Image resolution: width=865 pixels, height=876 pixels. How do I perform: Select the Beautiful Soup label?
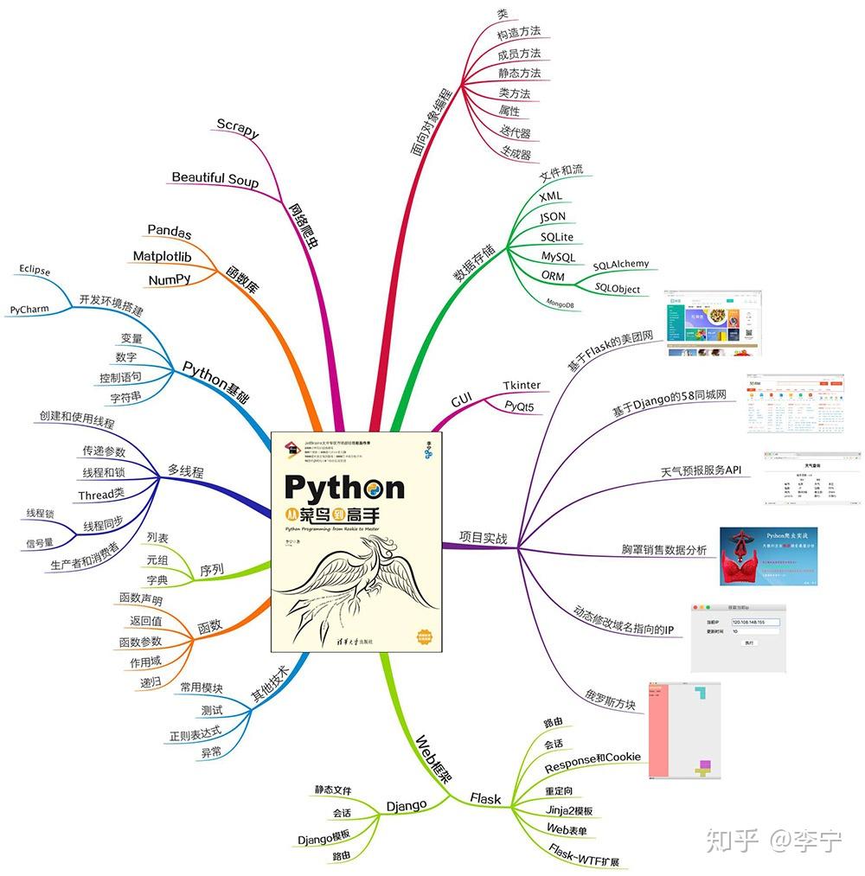point(215,178)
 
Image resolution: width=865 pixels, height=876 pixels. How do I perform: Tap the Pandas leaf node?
point(170,231)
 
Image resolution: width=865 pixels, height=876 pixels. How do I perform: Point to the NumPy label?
point(170,279)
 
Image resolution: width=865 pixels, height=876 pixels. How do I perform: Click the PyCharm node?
point(29,309)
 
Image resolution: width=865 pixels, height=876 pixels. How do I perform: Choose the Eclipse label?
point(35,270)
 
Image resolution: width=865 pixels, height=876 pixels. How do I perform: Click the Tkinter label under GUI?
point(522,385)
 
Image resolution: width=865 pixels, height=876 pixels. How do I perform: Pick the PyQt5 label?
point(519,405)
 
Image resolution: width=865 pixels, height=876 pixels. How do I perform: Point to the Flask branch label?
point(485,798)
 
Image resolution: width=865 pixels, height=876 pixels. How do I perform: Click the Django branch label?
point(407,805)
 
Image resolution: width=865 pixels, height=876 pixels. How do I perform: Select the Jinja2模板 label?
point(569,810)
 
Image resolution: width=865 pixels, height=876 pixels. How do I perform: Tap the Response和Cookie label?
point(593,758)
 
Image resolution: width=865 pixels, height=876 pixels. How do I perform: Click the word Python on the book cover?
point(344,487)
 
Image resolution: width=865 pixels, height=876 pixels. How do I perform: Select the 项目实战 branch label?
point(484,537)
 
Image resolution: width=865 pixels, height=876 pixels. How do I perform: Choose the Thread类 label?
point(101,496)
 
